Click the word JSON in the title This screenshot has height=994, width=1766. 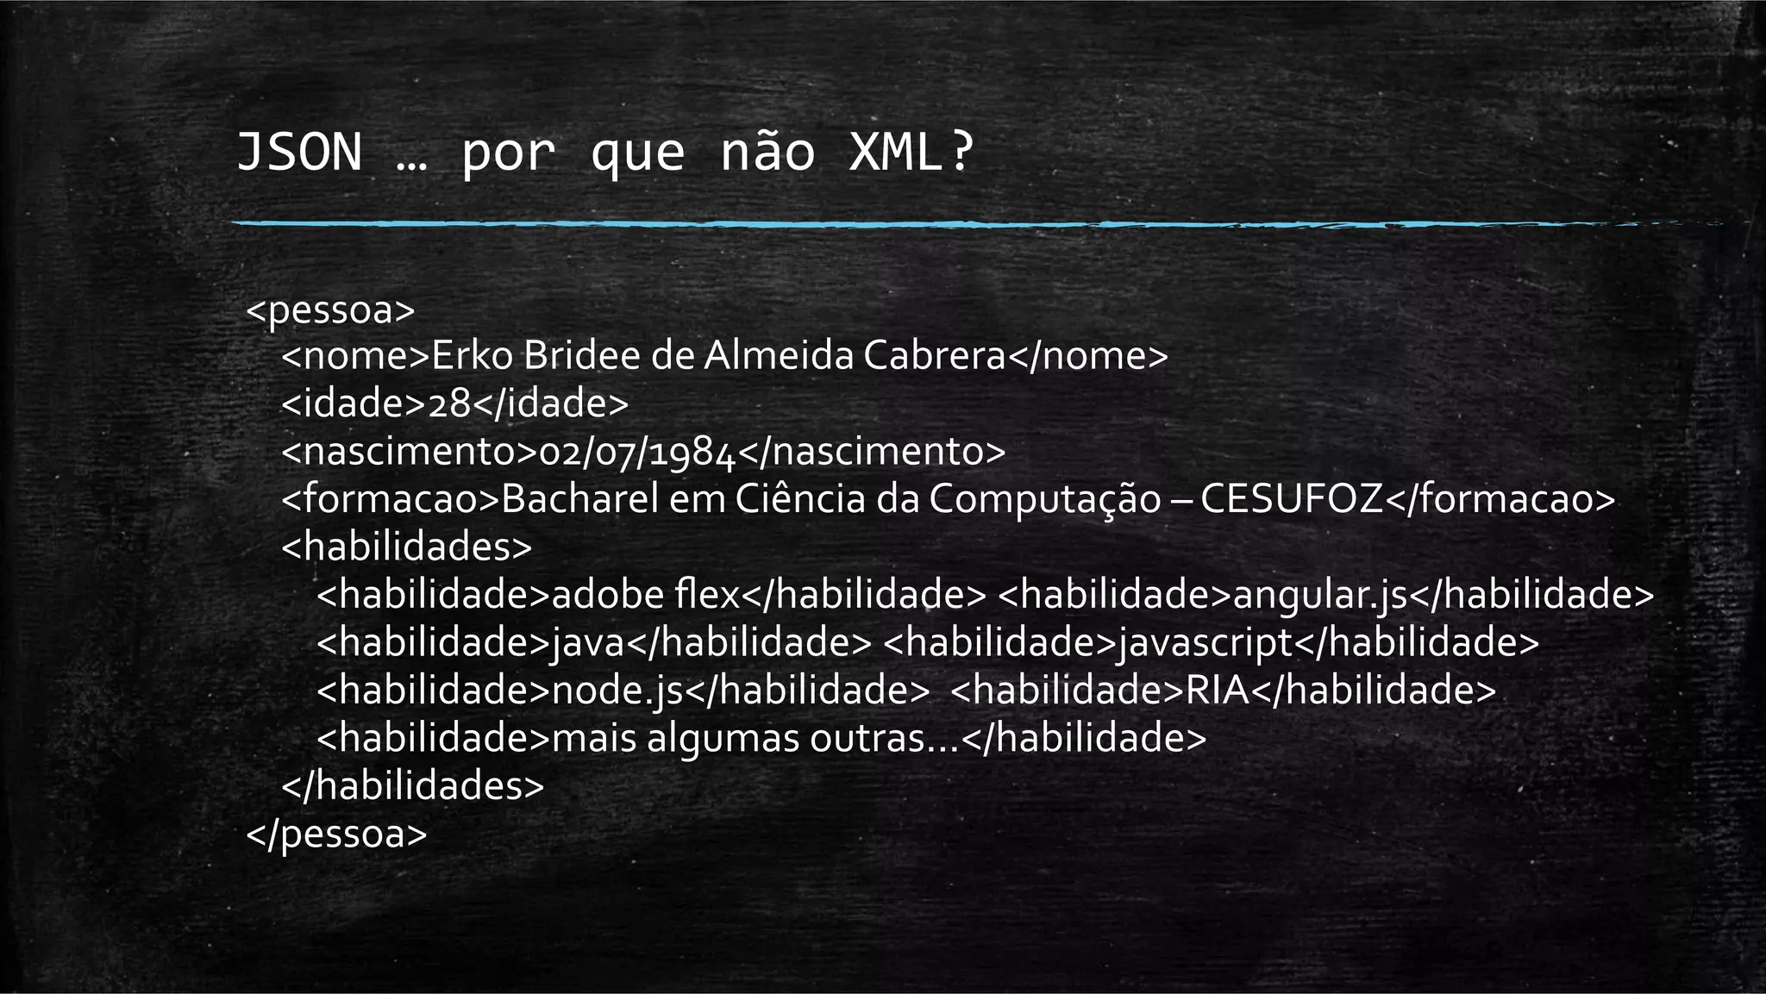[x=299, y=153]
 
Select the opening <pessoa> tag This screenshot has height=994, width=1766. [x=331, y=309]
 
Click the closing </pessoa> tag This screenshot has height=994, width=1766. [x=336, y=834]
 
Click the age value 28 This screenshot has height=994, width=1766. [x=449, y=403]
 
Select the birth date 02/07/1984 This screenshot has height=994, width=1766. [x=636, y=452]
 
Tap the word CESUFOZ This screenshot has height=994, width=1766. [x=1291, y=499]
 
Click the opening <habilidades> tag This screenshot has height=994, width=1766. [x=407, y=547]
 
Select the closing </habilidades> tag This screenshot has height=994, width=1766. [x=413, y=785]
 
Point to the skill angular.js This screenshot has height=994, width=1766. [x=1320, y=595]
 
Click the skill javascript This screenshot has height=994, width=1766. [x=1206, y=643]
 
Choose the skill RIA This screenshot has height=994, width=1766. [x=1218, y=691]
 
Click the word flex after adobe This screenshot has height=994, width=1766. [x=709, y=595]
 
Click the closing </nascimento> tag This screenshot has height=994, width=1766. [x=872, y=452]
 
